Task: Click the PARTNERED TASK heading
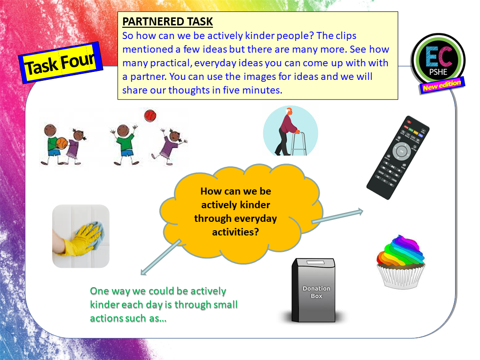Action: [167, 22]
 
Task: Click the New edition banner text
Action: [441, 86]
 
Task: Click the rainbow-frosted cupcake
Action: [401, 261]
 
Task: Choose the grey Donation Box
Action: [314, 290]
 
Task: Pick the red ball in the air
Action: [150, 115]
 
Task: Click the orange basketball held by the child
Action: [62, 142]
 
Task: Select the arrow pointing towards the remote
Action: [337, 216]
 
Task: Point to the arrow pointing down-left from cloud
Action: [160, 257]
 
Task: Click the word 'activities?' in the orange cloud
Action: [235, 232]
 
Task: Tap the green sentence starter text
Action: [164, 305]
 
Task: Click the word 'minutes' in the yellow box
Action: [262, 90]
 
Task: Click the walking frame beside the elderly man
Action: [299, 141]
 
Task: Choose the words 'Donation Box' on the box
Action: [316, 292]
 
